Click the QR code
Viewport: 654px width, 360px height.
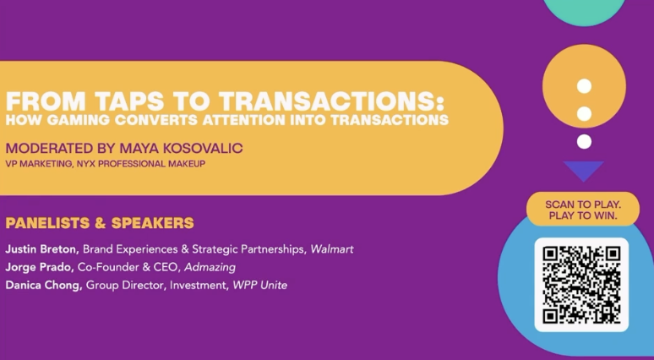pos(581,285)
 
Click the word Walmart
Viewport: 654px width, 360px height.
pos(332,249)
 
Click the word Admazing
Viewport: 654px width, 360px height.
pos(210,267)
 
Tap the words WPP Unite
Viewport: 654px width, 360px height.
pos(260,286)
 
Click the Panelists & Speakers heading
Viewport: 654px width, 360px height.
pos(100,223)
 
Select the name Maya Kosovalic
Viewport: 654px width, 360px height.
pos(181,148)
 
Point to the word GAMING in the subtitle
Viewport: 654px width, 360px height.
pos(78,120)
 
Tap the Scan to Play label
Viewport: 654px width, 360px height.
pos(583,210)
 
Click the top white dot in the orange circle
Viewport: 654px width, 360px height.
pos(584,86)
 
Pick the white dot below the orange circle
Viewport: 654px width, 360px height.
pos(584,142)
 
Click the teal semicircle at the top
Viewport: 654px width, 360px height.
pos(584,10)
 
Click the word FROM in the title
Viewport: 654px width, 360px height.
pos(46,101)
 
